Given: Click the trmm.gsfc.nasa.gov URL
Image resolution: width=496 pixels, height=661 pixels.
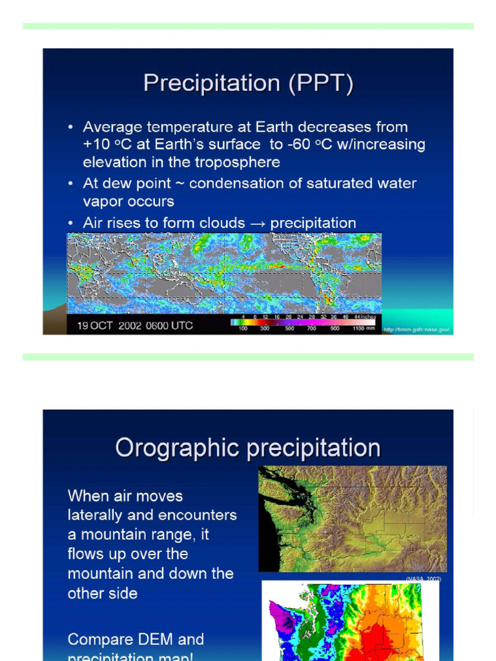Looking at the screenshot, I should tap(416, 330).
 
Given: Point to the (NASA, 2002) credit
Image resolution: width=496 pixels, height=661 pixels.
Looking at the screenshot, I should tap(423, 579).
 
